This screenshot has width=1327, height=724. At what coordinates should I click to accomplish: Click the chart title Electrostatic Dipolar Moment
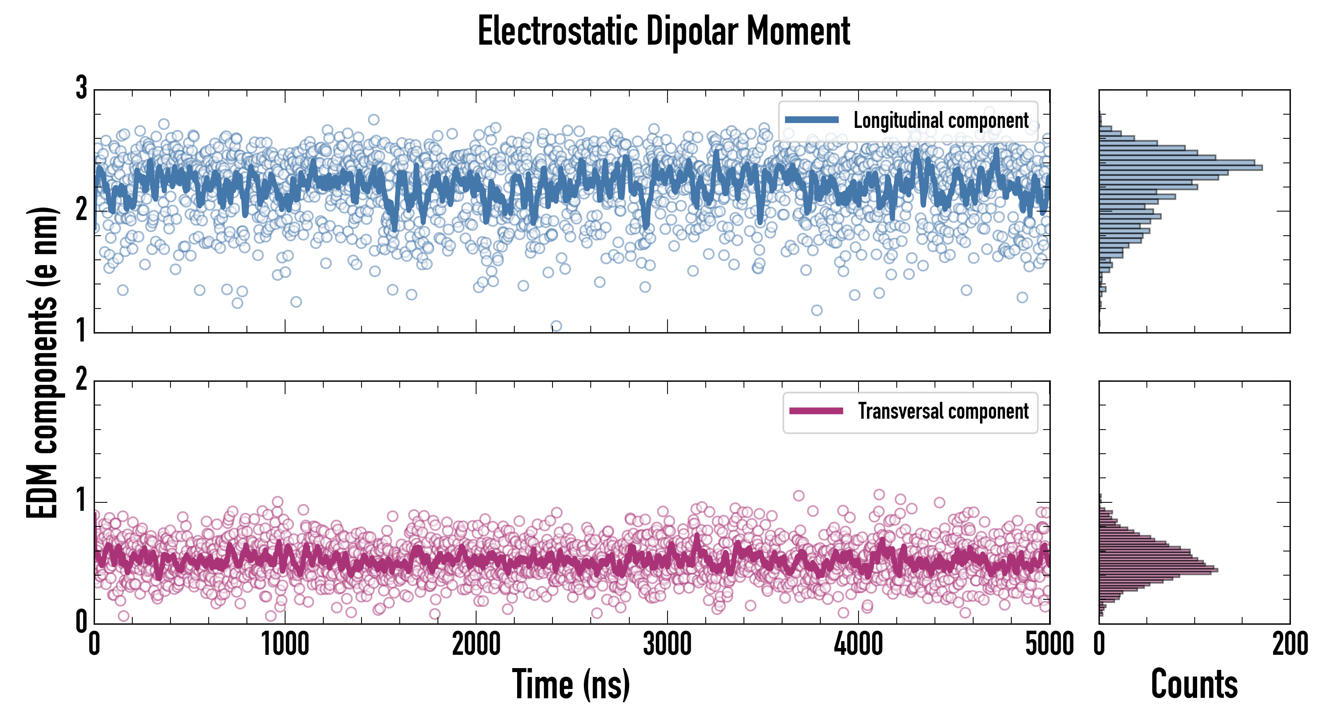point(663,32)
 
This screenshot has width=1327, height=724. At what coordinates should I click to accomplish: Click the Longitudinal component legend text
point(941,121)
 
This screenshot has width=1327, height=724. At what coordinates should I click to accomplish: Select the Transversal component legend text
point(943,411)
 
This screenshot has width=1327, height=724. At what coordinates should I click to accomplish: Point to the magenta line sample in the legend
point(816,411)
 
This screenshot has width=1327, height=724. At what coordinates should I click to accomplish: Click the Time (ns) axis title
point(571,684)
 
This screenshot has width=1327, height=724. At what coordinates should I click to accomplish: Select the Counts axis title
point(1194,684)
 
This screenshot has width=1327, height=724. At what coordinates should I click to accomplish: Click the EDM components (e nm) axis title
point(42,363)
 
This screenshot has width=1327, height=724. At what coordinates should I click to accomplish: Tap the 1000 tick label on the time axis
point(285,644)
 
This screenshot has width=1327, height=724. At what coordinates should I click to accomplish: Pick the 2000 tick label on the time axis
point(476,644)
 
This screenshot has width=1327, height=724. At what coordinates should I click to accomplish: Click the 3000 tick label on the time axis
point(667,644)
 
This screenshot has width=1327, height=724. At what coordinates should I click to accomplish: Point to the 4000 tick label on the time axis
point(858,644)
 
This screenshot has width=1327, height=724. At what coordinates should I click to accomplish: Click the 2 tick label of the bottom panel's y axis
point(81,380)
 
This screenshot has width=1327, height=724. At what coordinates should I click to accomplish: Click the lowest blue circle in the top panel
point(556,326)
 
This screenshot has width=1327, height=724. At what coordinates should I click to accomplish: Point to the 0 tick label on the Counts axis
point(1099,644)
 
